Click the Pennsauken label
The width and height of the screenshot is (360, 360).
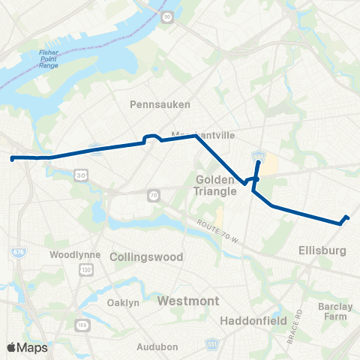(160, 104)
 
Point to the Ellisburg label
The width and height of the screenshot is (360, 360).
(321, 251)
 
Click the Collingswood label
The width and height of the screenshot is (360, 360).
(146, 256)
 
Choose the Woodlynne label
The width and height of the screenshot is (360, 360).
(70, 254)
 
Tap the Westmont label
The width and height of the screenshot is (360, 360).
(188, 301)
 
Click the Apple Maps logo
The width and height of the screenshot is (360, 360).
(27, 347)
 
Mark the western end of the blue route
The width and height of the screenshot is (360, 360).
(11, 158)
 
